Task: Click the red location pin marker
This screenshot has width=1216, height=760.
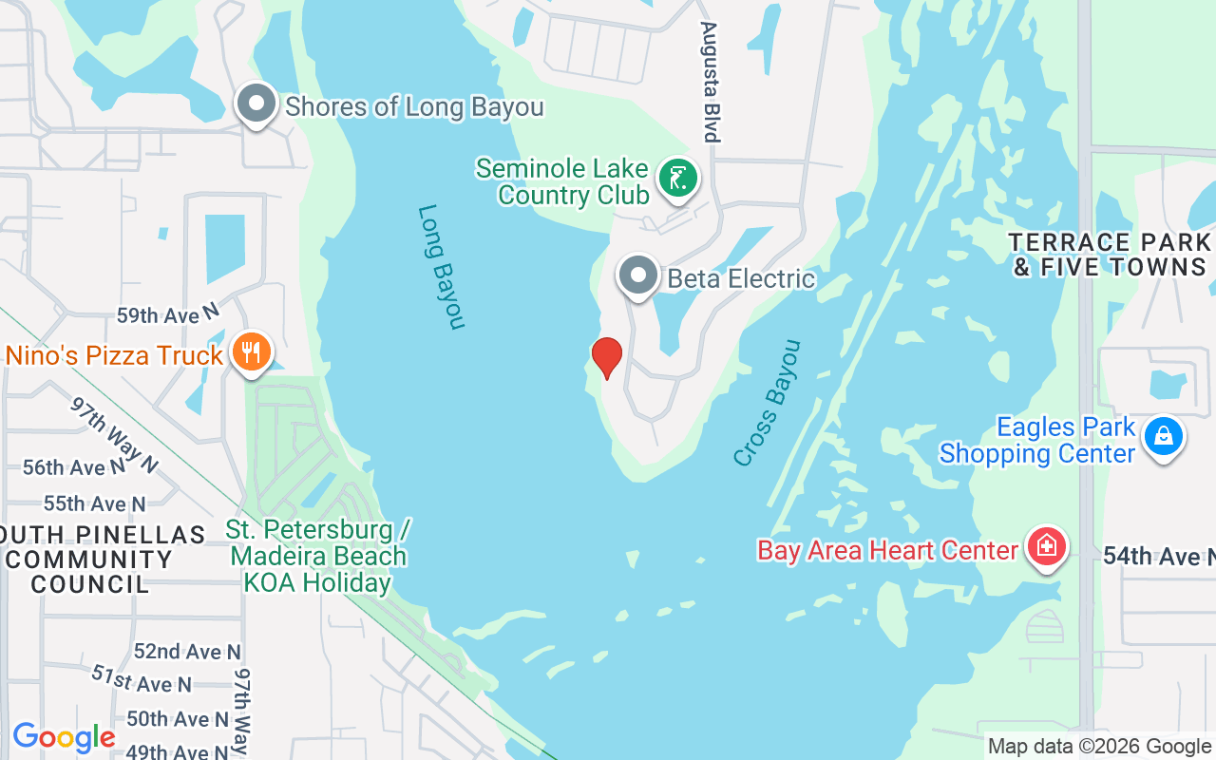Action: [x=606, y=358]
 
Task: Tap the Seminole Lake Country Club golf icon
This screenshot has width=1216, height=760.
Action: [x=678, y=179]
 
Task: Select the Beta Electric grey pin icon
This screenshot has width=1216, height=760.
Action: [x=638, y=276]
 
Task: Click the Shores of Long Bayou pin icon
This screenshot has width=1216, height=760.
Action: [x=256, y=104]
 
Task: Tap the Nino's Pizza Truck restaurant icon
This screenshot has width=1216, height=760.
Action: [x=251, y=353]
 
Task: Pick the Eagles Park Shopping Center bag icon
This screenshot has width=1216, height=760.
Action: [x=1162, y=437]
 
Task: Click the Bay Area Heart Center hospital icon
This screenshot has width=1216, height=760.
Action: [x=1046, y=547]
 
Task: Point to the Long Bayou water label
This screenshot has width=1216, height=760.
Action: [x=442, y=267]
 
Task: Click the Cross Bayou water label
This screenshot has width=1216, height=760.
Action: [x=768, y=403]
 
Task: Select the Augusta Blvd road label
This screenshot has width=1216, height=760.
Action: [x=709, y=82]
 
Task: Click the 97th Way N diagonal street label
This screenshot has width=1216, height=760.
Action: [x=114, y=434]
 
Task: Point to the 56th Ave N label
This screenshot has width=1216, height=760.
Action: [x=74, y=467]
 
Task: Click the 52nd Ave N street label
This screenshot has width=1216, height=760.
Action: [x=187, y=652]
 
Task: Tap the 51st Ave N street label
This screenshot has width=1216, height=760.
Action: [x=142, y=678]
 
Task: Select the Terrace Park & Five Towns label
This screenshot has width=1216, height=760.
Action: [x=1110, y=255]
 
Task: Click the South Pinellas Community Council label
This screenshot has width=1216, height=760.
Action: [x=90, y=560]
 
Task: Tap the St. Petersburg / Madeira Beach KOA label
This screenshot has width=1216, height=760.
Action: [x=318, y=556]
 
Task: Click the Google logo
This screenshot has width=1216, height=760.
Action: [x=64, y=737]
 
